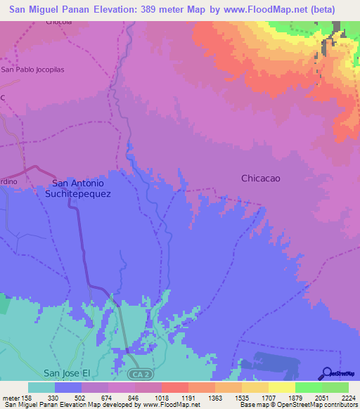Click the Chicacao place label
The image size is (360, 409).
261,178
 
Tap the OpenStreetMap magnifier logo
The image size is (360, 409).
326,373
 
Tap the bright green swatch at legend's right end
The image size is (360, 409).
335,387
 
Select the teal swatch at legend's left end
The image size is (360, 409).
41,387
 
